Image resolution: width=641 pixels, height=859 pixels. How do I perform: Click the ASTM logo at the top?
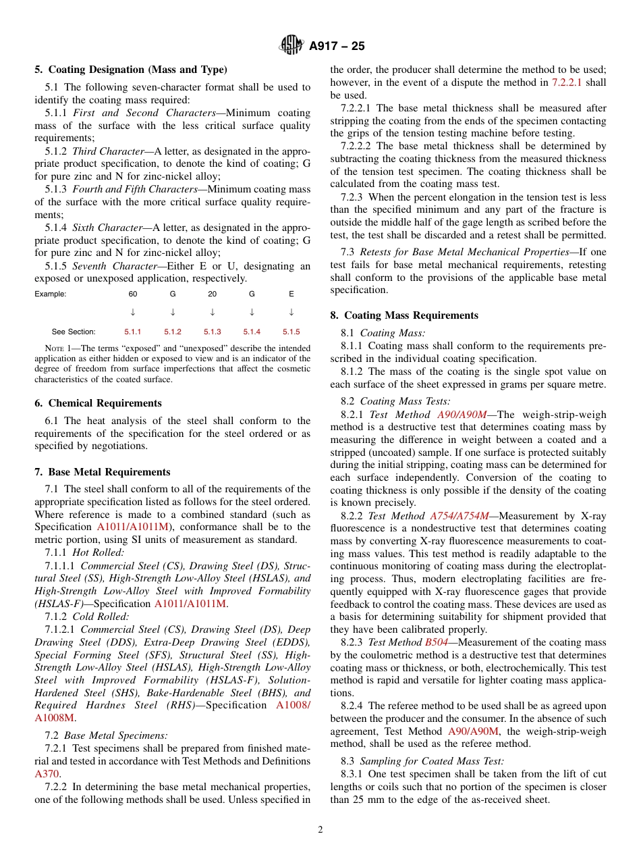(x=292, y=46)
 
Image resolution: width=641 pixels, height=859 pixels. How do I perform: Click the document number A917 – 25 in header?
(x=337, y=46)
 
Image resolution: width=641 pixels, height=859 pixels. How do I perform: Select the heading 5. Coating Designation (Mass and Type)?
(x=131, y=70)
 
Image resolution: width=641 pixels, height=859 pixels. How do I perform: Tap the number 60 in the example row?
(x=133, y=294)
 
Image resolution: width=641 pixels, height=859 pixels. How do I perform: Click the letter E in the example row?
(x=291, y=294)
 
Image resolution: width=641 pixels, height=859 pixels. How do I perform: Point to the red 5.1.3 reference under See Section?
(x=213, y=332)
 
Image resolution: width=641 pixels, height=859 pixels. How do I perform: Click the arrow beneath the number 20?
(x=213, y=312)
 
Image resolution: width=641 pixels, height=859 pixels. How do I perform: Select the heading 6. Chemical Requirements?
(x=99, y=403)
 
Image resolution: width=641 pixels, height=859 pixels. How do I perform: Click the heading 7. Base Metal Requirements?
(x=103, y=472)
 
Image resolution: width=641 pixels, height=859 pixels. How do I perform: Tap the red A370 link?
(x=47, y=774)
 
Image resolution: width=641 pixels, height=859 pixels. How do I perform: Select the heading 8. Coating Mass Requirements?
(x=404, y=315)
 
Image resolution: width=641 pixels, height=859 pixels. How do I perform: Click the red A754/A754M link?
(x=459, y=516)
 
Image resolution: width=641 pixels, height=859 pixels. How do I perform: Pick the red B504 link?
(x=437, y=642)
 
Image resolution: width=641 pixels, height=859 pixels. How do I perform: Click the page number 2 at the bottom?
(x=320, y=830)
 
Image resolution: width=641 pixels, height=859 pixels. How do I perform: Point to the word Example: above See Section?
(x=51, y=294)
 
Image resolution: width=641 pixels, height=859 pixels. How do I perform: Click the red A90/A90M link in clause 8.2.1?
(x=462, y=415)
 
